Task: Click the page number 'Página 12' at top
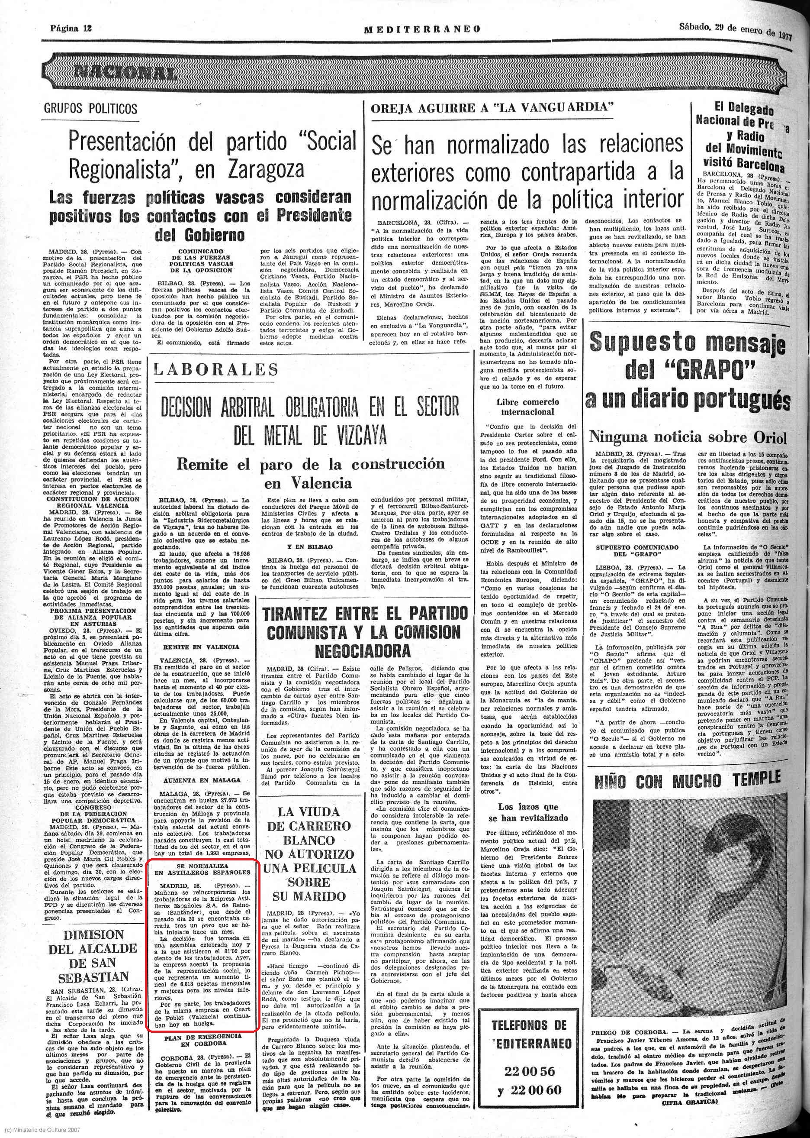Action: pos(71,28)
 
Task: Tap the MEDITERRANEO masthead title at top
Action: pos(422,29)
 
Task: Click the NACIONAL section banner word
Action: pos(125,73)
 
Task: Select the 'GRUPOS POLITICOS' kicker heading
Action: pos(90,108)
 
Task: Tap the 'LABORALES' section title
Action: pos(216,369)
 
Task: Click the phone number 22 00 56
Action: pos(529,1071)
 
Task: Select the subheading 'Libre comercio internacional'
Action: pos(528,407)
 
